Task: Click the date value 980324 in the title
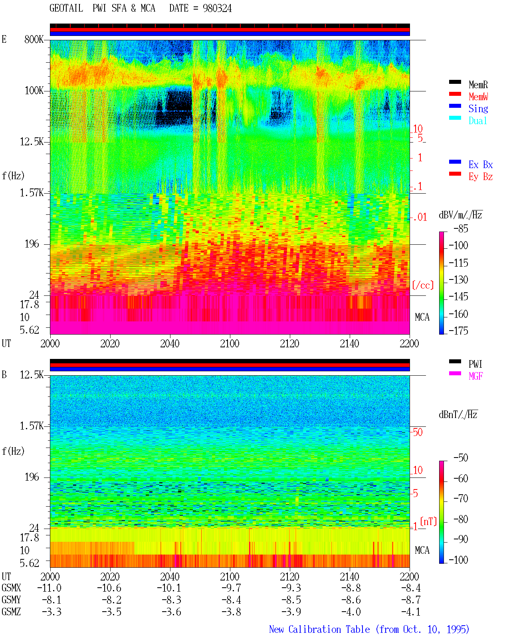click(217, 8)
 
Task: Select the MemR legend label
click(478, 85)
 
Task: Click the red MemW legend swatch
click(455, 94)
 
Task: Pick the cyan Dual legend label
click(477, 121)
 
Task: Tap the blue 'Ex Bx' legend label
click(481, 164)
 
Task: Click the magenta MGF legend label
click(475, 376)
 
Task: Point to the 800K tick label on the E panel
click(34, 39)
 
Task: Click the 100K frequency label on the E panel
click(34, 91)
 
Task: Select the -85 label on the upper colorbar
click(461, 228)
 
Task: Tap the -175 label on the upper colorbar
click(458, 331)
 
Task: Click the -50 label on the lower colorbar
click(461, 458)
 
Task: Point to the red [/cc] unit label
click(423, 285)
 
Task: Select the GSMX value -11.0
click(50, 588)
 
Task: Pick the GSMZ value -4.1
click(411, 612)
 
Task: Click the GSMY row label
click(11, 600)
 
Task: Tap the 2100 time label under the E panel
click(230, 343)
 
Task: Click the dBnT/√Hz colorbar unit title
click(458, 414)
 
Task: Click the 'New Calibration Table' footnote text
click(319, 629)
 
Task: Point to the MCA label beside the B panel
click(422, 550)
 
